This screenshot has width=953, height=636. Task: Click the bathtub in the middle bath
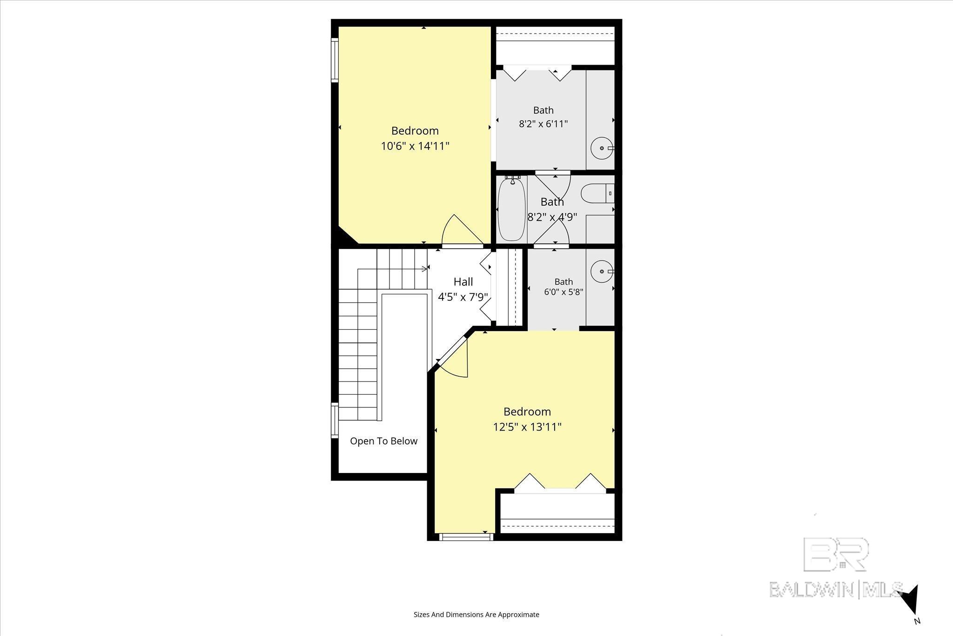pos(511,209)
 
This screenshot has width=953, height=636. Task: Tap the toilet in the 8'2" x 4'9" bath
pos(597,193)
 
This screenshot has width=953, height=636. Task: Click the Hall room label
pos(463,282)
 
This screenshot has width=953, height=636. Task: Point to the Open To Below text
pos(383,441)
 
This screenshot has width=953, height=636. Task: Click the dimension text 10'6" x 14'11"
pos(415,146)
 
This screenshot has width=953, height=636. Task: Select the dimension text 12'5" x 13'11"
pos(527,427)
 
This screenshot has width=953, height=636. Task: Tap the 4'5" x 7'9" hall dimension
pos(463,297)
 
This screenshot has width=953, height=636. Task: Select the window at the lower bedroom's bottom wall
pos(465,537)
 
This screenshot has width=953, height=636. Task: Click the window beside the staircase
pos(334,420)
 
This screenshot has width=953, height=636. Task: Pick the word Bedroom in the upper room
pos(415,131)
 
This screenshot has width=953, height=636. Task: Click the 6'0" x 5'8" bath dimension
pos(564,292)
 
